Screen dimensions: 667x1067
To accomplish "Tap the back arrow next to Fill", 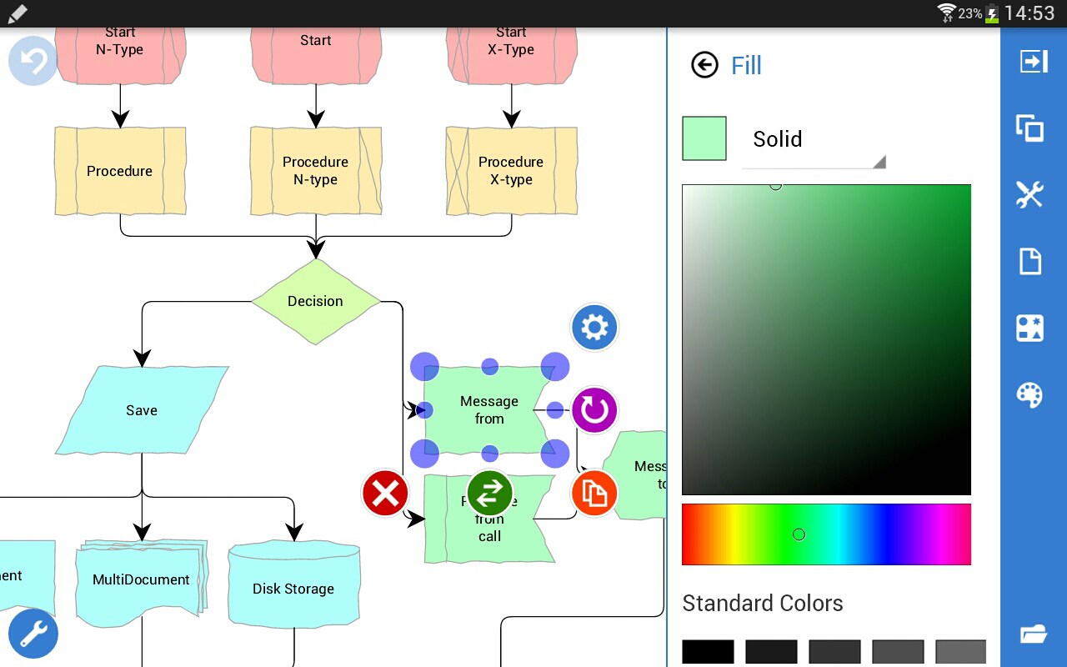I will (704, 65).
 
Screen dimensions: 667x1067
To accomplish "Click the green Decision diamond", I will (315, 301).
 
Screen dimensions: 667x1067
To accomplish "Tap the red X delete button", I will (385, 494).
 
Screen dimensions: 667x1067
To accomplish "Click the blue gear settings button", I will (594, 327).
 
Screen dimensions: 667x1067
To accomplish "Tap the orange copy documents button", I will (594, 494).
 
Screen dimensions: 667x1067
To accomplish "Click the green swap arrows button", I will (489, 494).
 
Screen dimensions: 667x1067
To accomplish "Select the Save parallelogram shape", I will (142, 410).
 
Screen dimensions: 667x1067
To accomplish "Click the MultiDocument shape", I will (141, 579).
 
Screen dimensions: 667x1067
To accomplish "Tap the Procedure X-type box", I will (511, 171).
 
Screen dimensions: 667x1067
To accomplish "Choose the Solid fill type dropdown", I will (813, 140).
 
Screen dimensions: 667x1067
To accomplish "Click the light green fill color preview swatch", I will (704, 138).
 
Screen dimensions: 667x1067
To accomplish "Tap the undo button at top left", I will (33, 61).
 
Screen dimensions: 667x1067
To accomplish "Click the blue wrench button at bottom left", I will (33, 634).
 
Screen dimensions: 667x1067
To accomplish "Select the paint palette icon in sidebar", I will (1030, 394).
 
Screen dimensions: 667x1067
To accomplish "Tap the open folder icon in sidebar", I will (1032, 634).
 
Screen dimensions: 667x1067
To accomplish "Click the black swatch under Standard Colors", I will (708, 651).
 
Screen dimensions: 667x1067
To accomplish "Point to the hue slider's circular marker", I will (799, 534).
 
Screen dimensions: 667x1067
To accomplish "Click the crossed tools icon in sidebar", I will (1030, 194).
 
